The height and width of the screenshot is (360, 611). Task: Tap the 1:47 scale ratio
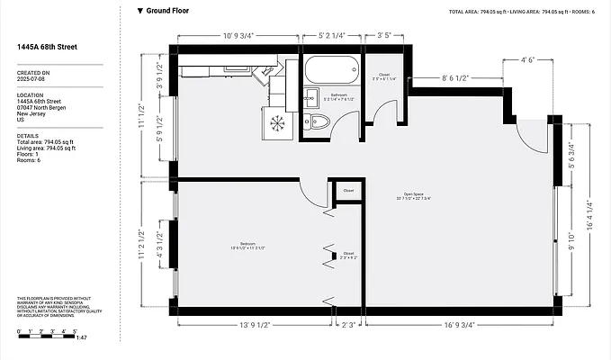[81, 337]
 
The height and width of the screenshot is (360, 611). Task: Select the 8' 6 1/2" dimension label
[455, 77]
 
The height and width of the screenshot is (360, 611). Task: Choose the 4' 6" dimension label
[528, 60]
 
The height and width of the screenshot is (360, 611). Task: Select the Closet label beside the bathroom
[383, 75]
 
